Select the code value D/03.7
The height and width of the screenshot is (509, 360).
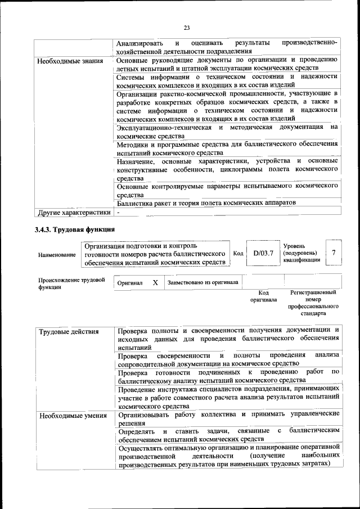point(263,253)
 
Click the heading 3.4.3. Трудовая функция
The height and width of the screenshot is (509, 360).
point(74,229)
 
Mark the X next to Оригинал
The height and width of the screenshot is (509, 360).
point(155,282)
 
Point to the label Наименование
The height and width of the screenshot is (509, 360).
point(57,255)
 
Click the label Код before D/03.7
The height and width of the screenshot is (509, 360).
point(238,254)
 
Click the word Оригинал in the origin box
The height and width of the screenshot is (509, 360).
point(130,283)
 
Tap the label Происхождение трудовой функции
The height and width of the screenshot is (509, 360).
point(71,283)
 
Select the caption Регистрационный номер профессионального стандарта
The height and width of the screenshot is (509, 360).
point(313,303)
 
